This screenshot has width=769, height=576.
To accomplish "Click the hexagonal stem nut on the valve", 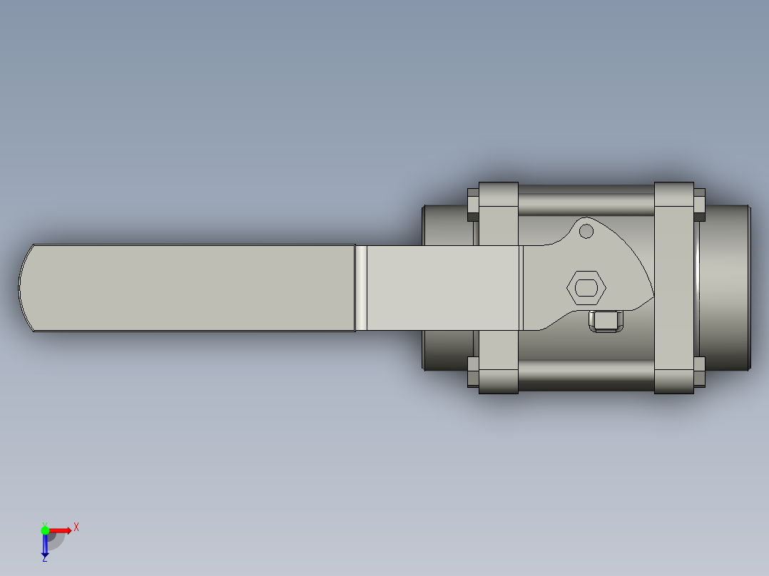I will [586, 288].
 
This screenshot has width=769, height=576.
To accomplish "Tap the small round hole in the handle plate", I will [586, 231].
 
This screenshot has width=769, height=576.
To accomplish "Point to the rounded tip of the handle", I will [26, 288].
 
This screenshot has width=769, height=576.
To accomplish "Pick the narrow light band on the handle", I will [361, 288].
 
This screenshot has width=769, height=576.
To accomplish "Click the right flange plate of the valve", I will [673, 288].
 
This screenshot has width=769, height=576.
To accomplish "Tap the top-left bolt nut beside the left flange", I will [473, 205].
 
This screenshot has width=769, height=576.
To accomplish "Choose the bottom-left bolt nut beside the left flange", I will [473, 371].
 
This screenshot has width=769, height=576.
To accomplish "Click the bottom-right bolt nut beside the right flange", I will [699, 372].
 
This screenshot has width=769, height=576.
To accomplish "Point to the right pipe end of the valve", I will [728, 288].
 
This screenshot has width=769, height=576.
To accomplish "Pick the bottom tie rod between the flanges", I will [585, 376].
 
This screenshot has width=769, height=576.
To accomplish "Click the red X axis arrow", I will [63, 530].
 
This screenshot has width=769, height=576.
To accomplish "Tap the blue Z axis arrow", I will [45, 545].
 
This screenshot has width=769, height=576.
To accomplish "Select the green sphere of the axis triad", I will [46, 530].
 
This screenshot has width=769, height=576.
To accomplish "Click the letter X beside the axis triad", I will [76, 527].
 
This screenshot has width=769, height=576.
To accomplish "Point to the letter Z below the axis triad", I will [44, 559].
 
